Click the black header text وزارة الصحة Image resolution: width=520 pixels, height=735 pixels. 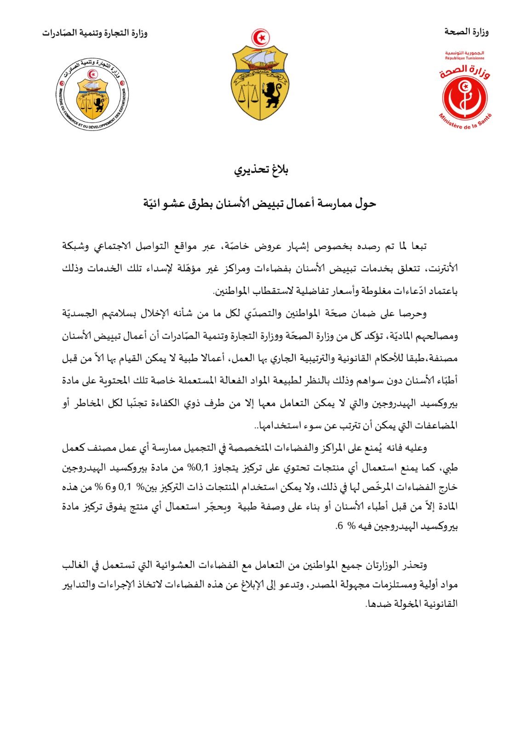[466, 32]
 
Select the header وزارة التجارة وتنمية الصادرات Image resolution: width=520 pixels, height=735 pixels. [95, 33]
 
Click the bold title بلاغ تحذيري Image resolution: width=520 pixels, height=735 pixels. [261, 171]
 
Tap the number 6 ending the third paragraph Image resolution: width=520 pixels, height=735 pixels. [339, 526]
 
